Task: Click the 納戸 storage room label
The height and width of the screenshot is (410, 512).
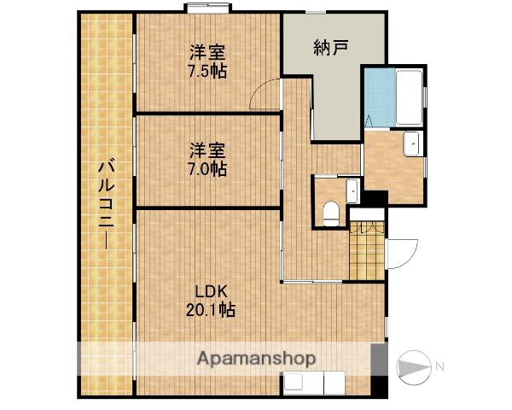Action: [x=330, y=48]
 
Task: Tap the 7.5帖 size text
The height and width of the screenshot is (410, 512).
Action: [x=207, y=71]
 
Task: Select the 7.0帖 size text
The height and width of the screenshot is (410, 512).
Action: [x=207, y=169]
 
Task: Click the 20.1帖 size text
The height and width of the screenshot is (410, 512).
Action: [x=211, y=309]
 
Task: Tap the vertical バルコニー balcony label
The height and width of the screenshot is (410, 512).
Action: [x=107, y=203]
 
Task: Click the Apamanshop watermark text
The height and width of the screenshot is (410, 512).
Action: [x=256, y=359]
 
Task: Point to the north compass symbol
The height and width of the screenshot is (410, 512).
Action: [x=414, y=367]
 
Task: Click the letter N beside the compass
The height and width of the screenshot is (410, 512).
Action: [x=439, y=366]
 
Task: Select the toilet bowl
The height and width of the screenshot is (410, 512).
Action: [x=331, y=214]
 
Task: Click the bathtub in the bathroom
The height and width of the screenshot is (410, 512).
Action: [x=409, y=97]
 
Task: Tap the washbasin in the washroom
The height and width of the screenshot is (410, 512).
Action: [x=412, y=143]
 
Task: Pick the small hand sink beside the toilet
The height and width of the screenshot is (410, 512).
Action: [x=352, y=191]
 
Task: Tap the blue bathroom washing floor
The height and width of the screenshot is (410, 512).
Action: [x=380, y=97]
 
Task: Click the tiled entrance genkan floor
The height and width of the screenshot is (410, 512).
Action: [x=367, y=251]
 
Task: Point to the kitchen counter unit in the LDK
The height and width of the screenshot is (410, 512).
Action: [x=314, y=383]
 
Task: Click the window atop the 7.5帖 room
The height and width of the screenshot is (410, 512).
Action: [x=207, y=8]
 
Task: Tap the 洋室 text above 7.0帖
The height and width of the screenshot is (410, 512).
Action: [x=207, y=150]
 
